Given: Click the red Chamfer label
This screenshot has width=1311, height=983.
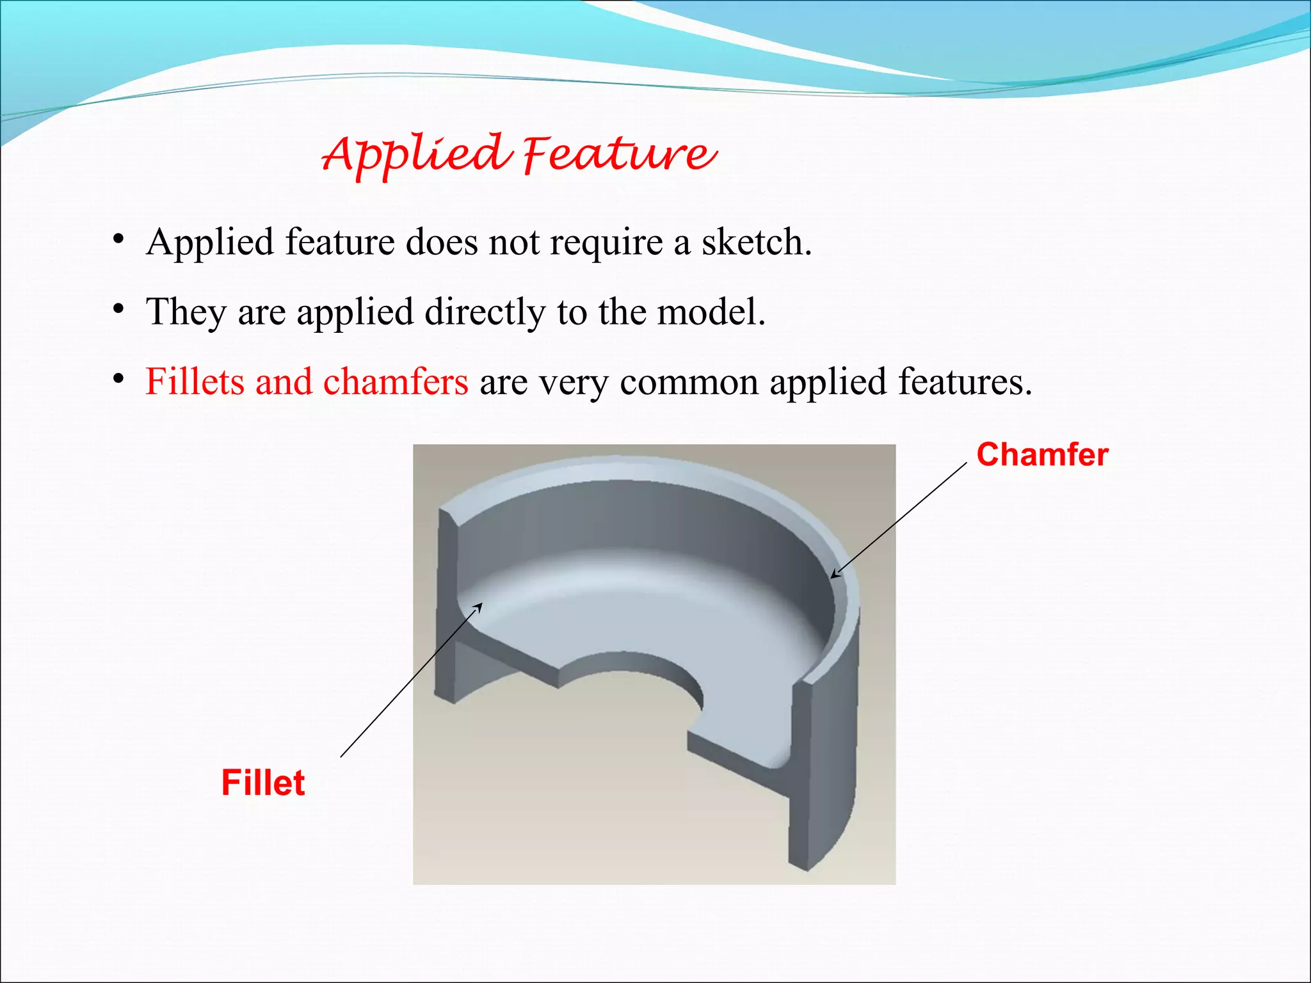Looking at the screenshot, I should click(x=1042, y=454).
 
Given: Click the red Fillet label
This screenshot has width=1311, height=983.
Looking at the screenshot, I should click(x=263, y=783).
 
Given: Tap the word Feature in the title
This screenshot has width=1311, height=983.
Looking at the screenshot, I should click(x=618, y=155).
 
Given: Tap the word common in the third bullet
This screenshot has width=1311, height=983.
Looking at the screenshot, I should click(x=689, y=383).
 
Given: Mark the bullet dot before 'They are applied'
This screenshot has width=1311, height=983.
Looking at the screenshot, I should click(x=118, y=310).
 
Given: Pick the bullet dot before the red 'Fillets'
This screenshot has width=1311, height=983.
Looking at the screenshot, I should click(x=118, y=380).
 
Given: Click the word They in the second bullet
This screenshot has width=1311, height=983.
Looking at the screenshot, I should click(x=186, y=314).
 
